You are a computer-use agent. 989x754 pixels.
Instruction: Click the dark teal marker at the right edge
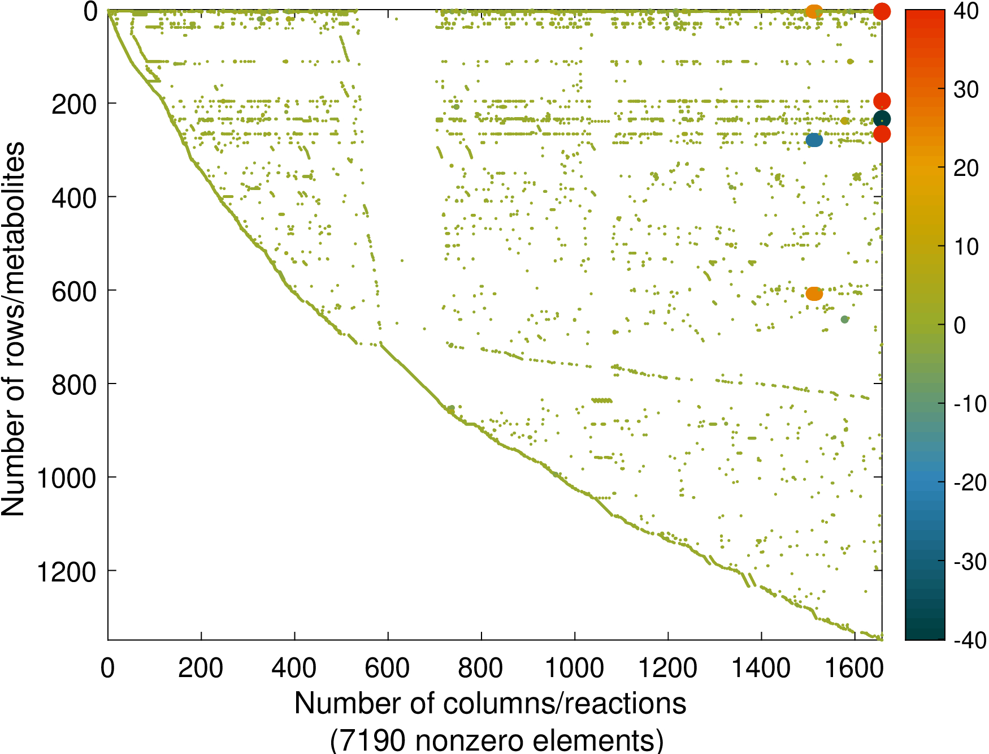(882, 119)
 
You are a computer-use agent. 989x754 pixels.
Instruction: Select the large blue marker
(814, 140)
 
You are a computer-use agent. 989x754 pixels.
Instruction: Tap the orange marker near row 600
(814, 294)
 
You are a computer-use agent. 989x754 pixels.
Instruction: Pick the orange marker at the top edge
(813, 11)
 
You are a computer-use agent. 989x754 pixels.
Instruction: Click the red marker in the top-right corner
(882, 11)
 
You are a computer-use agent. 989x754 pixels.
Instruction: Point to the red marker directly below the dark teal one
(882, 134)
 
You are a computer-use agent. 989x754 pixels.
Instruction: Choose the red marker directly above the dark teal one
(882, 101)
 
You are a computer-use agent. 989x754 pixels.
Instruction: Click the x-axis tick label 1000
(574, 669)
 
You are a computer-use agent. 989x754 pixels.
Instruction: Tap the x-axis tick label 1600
(854, 669)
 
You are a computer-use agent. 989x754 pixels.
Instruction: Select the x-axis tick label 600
(387, 669)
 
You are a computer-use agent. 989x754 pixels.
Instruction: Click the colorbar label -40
(970, 640)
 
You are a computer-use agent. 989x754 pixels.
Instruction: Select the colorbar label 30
(966, 89)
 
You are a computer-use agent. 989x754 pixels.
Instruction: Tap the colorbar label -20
(970, 482)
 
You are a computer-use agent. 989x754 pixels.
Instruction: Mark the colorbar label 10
(966, 247)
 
